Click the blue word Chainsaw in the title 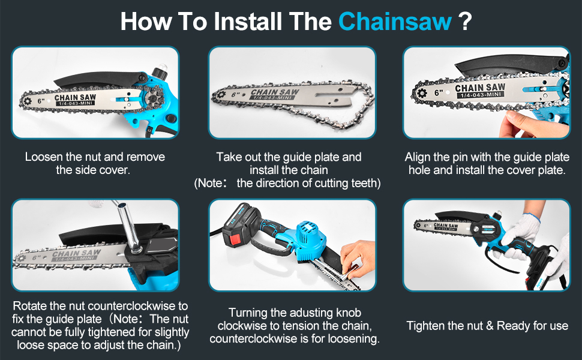(395, 22)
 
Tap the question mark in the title (464, 22)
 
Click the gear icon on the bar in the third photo (420, 93)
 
